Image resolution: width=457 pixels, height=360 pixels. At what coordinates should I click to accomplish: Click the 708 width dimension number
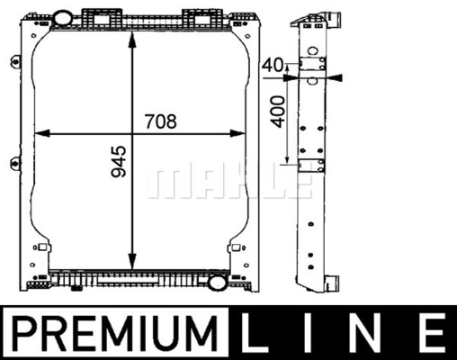[161, 121]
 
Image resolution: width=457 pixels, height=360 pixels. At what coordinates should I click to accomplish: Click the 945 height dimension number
[119, 161]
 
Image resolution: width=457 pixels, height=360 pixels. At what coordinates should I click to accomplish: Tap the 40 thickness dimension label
[272, 66]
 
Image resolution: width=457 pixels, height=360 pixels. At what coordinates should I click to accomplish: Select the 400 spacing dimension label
[277, 112]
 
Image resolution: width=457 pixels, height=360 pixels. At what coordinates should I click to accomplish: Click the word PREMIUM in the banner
[114, 333]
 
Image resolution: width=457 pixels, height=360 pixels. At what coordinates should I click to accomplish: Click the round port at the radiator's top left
[62, 18]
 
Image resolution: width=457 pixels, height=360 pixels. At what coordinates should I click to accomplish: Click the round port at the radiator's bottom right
[218, 283]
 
